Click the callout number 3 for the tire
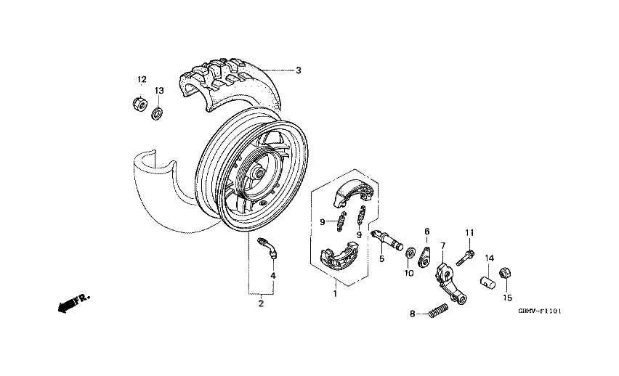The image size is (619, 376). [298, 70]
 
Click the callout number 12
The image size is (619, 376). [142, 79]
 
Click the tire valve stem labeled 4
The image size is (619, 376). [267, 246]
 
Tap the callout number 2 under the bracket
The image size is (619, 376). [261, 304]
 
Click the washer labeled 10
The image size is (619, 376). [410, 253]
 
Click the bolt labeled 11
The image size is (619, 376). [465, 256]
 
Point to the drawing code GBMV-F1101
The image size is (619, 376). [541, 311]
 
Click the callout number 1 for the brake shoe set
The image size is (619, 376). [335, 293]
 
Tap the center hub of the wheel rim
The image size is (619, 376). [258, 175]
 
